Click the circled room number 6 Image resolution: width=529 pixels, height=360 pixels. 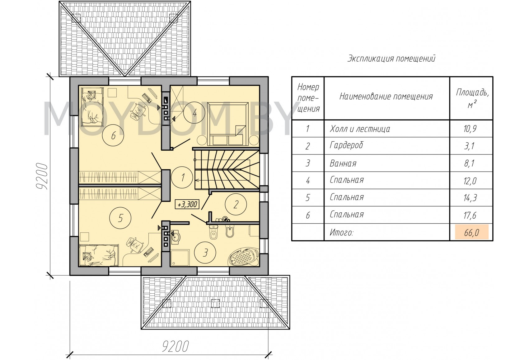tap(113, 135)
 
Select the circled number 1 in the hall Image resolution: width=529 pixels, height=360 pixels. tap(182, 177)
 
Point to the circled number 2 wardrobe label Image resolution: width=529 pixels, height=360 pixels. tap(236, 205)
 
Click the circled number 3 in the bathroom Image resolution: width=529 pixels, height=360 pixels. tap(205, 253)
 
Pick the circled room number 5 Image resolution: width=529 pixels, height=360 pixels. tap(120, 218)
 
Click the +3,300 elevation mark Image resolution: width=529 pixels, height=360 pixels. tap(187, 205)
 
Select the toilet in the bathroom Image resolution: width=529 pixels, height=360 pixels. tap(213, 232)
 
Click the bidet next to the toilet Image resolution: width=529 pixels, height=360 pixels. tap(229, 231)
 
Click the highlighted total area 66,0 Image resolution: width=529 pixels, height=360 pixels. tap(471, 233)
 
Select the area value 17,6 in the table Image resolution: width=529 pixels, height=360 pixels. tap(470, 215)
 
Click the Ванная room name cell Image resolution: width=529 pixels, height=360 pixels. tap(343, 163)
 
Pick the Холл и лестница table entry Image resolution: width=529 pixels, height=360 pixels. tap(360, 129)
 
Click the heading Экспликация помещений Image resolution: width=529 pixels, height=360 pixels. tap(391, 58)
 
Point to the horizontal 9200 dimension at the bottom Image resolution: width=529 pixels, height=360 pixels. tap(176, 347)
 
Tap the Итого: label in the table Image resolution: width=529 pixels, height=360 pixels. tap(341, 233)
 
